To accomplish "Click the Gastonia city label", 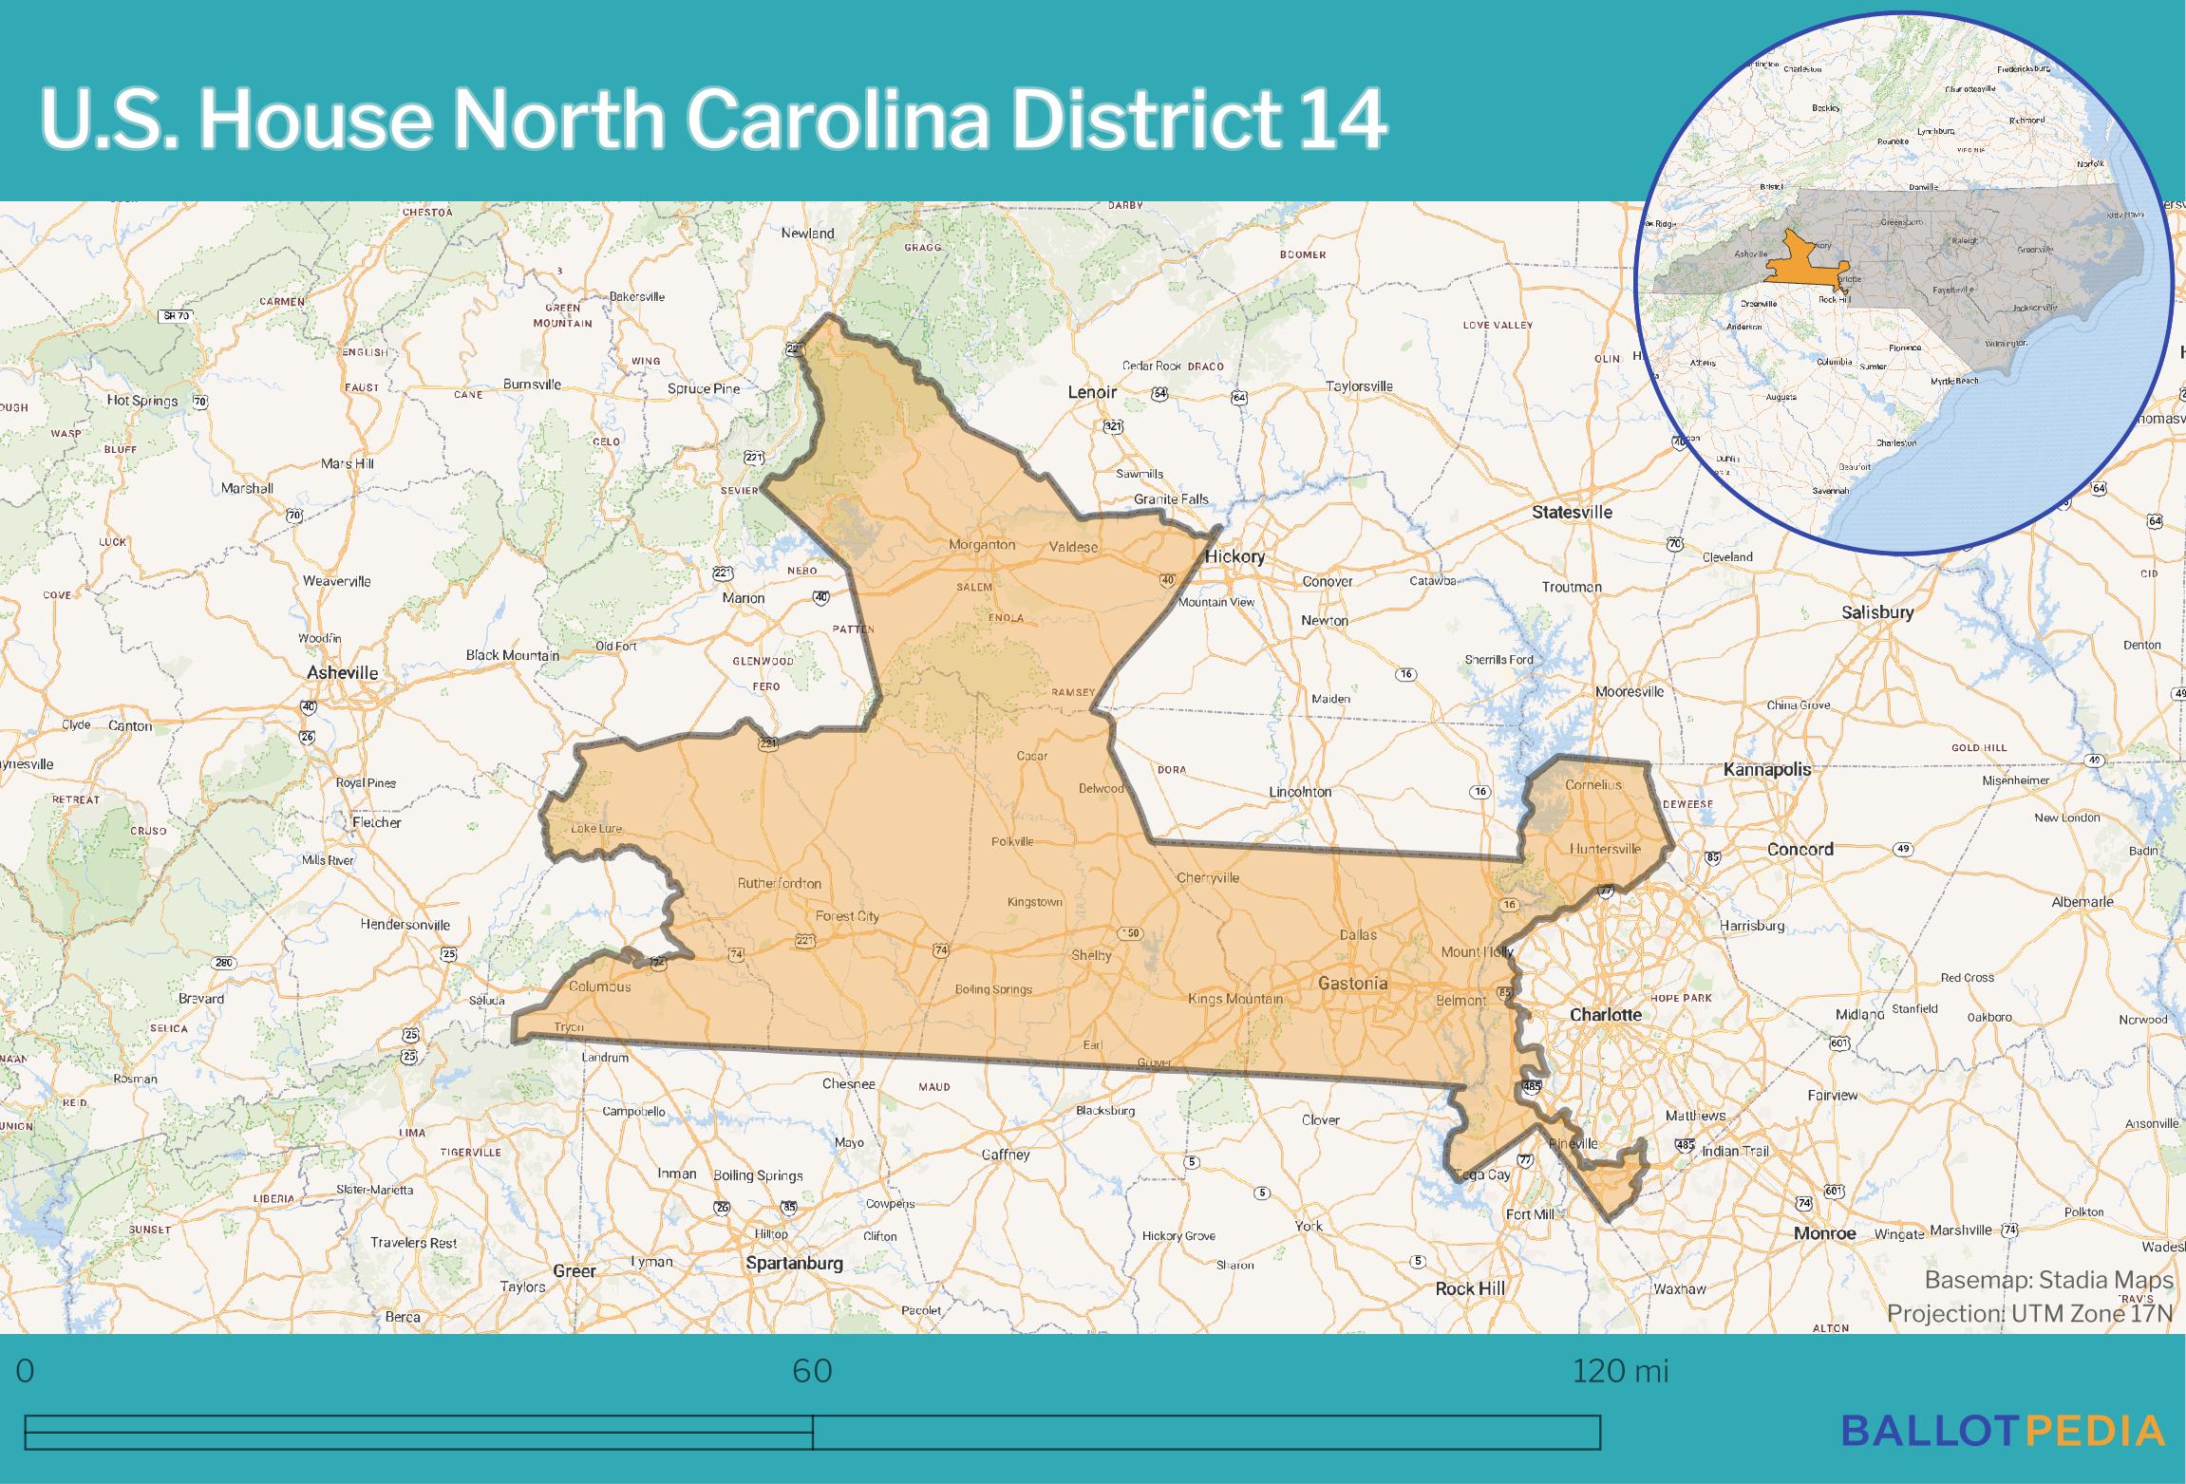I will point(1352,984).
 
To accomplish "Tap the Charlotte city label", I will point(1605,1015).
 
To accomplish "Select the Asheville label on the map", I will point(342,673).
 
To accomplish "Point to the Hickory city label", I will point(1234,557).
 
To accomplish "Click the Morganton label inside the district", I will point(982,546).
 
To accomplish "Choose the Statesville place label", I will point(1572,513).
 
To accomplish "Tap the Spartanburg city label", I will point(794,1264).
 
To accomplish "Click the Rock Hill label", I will point(1469,1289).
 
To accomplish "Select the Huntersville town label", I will point(1605,849).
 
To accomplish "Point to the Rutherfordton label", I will point(779,884).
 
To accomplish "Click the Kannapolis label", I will point(1767,770).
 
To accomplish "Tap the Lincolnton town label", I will point(1300,792).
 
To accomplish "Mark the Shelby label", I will point(1091,956).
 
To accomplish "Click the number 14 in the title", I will point(1340,121).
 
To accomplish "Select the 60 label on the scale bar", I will point(812,1371).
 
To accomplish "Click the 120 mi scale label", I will point(1620,1371).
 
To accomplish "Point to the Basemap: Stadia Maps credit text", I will point(2048,1281).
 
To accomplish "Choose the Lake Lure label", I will point(595,829).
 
